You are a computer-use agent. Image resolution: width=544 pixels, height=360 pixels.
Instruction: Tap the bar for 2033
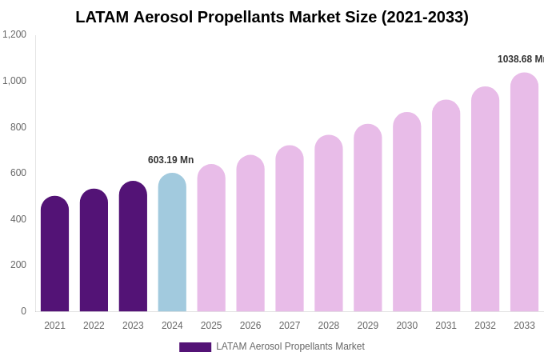click(x=524, y=192)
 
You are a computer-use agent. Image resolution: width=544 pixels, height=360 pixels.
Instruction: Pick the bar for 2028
click(x=329, y=223)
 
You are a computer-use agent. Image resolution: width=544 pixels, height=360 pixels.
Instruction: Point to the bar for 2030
click(x=406, y=212)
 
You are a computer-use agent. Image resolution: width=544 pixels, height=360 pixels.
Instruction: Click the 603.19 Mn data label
click(x=170, y=160)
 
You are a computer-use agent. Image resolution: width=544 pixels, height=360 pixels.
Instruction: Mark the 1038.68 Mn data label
click(x=520, y=59)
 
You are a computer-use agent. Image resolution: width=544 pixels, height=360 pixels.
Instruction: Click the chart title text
click(x=272, y=17)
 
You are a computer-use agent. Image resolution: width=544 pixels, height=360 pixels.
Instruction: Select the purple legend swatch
click(x=195, y=347)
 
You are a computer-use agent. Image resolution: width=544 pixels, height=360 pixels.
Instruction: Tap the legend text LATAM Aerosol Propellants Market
click(x=290, y=346)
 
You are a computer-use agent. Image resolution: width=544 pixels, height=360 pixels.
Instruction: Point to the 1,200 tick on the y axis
click(x=14, y=34)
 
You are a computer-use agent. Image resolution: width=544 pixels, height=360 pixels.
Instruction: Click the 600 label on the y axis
click(x=18, y=173)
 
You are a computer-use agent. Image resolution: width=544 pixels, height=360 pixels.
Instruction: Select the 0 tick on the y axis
click(x=23, y=311)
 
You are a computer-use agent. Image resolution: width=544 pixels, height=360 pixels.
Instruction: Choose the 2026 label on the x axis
click(x=250, y=326)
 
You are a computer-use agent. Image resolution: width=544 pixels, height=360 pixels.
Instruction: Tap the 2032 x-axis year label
click(x=485, y=326)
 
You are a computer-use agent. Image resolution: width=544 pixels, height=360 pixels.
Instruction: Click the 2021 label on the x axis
click(x=54, y=326)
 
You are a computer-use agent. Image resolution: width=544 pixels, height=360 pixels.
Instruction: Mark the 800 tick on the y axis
click(x=18, y=127)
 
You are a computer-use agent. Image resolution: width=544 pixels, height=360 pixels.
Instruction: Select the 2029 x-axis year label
click(x=368, y=326)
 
